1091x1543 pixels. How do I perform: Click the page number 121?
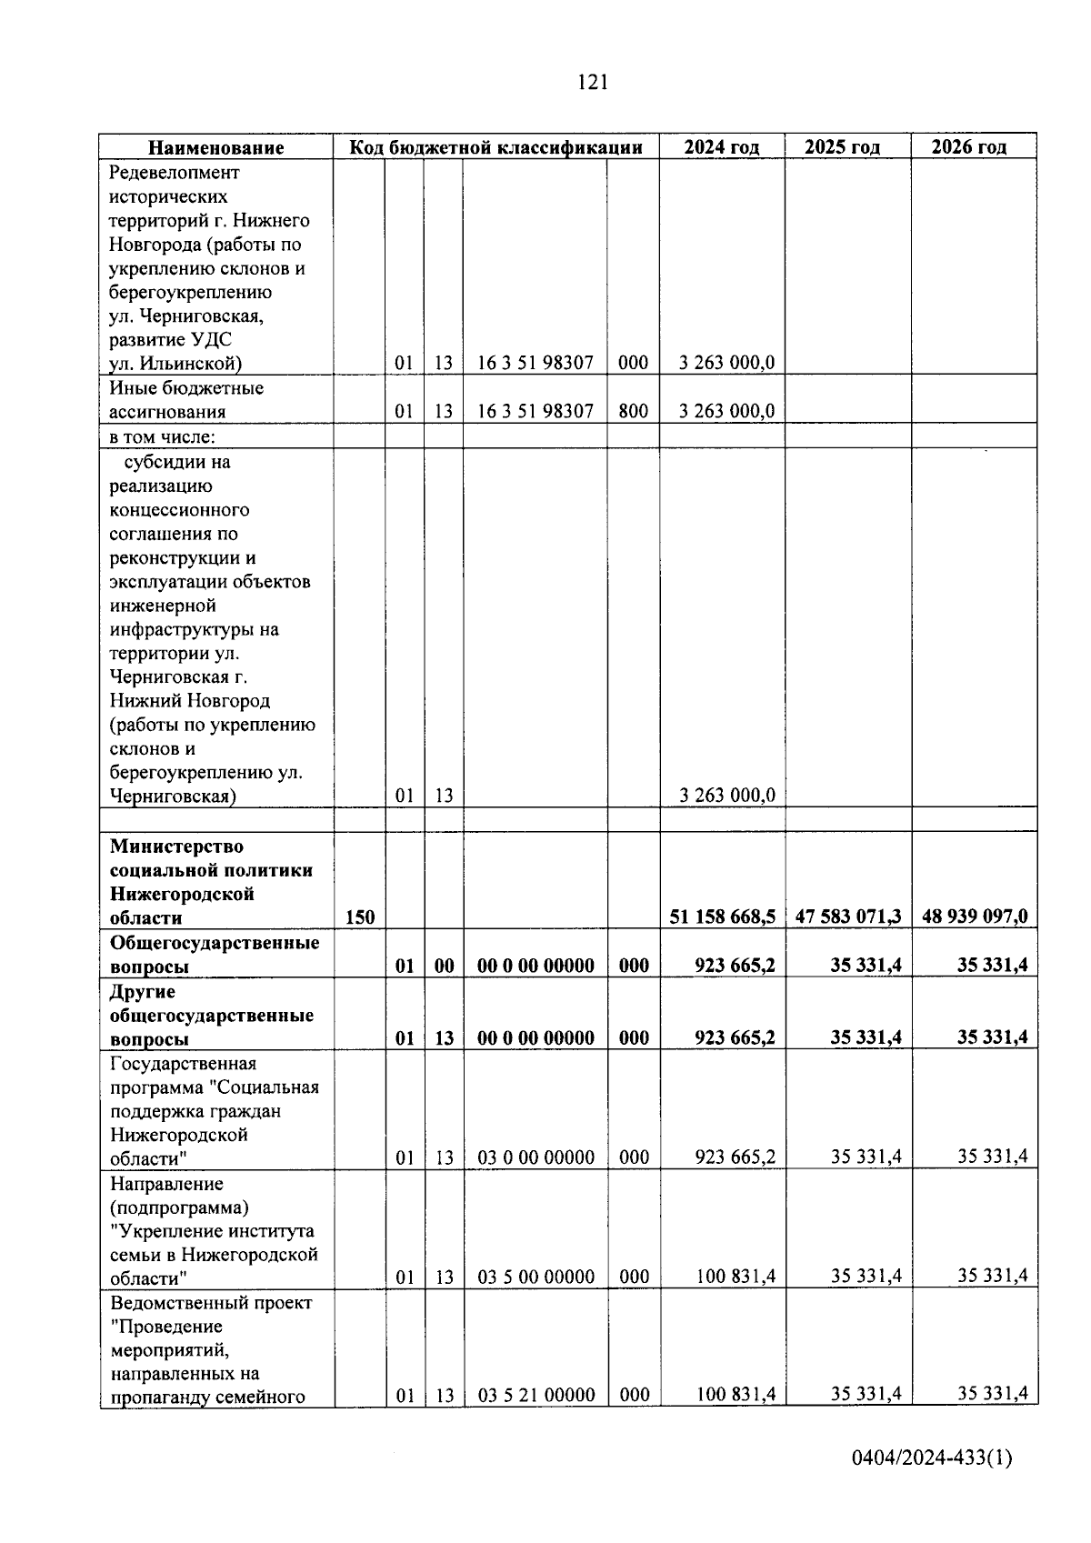592,83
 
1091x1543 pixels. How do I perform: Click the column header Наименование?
216,147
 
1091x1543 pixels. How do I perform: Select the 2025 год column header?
842,147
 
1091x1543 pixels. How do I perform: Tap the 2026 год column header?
969,147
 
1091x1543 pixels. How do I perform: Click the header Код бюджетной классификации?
496,147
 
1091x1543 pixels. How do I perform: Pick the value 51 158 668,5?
723,917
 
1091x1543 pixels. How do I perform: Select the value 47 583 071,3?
848,917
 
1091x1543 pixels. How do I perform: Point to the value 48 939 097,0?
975,917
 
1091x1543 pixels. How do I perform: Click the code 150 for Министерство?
360,917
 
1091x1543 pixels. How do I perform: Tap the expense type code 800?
633,411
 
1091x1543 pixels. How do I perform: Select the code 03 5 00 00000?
536,1277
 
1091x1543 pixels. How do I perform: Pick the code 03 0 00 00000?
536,1157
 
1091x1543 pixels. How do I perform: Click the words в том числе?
163,436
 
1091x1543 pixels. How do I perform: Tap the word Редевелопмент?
175,173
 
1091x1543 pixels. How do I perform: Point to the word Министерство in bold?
176,847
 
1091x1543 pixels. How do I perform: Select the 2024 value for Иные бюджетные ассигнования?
726,411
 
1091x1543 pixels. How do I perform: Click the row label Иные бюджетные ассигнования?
186,400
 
